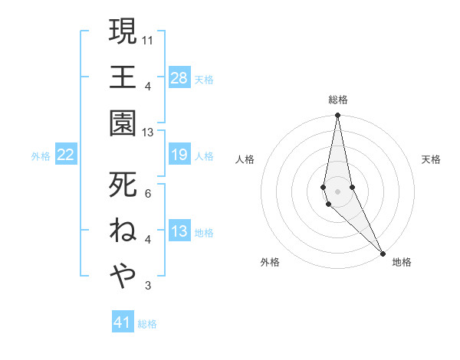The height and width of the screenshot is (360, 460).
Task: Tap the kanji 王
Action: [123, 77]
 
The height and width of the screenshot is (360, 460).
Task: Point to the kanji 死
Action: [123, 184]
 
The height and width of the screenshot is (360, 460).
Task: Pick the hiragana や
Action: [123, 274]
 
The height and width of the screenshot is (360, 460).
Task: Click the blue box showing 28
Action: [179, 77]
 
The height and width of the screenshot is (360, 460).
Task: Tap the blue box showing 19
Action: [179, 155]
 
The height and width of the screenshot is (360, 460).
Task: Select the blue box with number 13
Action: [179, 231]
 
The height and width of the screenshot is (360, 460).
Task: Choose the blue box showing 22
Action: [66, 155]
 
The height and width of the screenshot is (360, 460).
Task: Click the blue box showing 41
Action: [123, 322]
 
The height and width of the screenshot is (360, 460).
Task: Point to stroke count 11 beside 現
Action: [148, 38]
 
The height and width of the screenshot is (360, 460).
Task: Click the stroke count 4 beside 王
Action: [148, 85]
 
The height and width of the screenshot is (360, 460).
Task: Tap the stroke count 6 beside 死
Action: [148, 193]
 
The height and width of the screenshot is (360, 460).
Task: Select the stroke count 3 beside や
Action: [148, 286]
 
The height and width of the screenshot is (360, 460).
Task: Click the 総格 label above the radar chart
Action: [338, 100]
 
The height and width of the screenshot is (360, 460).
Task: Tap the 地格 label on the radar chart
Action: [402, 262]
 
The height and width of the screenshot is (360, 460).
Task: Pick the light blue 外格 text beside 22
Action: [41, 156]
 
